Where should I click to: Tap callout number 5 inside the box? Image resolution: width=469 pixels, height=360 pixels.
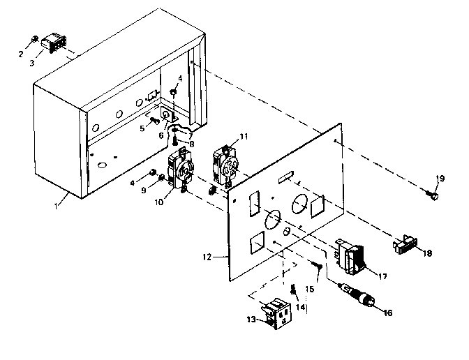(142, 128)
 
